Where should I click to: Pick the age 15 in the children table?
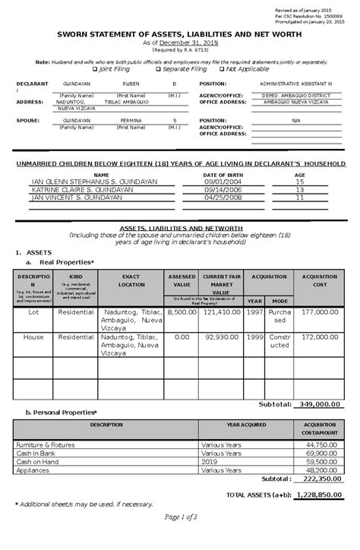[x=299, y=182]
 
